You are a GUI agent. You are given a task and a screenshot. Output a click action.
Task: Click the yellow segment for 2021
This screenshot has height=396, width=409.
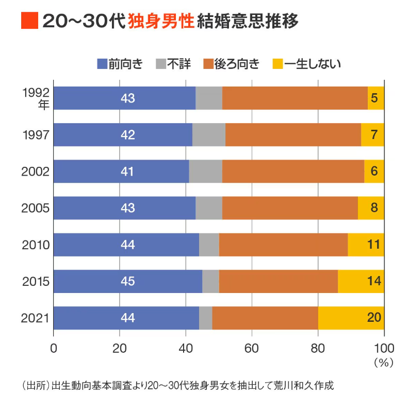pos(351,318)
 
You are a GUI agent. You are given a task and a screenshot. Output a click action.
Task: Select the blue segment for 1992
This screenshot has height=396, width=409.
pos(124,98)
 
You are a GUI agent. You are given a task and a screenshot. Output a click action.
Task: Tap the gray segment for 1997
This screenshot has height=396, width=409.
pos(208,135)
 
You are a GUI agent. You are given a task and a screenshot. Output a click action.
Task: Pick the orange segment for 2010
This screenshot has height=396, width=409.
pos(283,245)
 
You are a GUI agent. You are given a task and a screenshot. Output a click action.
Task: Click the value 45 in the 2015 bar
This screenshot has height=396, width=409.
pos(127,282)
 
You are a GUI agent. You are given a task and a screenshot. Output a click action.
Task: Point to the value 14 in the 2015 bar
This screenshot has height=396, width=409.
pos(373,282)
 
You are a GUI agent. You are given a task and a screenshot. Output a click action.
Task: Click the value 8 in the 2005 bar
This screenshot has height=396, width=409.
pos(374,208)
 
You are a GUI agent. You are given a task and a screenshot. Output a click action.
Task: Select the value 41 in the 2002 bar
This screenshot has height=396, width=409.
pos(127,171)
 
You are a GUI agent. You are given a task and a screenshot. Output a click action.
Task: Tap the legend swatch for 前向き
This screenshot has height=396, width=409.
pos(101,64)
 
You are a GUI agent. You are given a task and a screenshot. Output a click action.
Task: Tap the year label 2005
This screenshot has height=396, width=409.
pos(36,208)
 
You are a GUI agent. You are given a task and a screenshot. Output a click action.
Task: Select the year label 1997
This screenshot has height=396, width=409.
pos(36,135)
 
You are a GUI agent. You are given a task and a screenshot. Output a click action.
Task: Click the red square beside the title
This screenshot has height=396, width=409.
pos(29,21)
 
